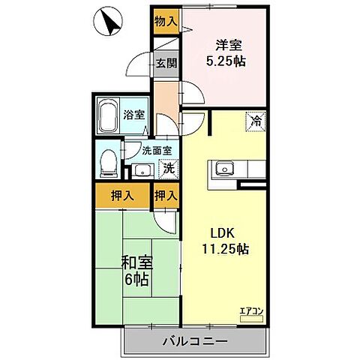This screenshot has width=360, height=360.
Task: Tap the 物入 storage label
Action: (166, 22)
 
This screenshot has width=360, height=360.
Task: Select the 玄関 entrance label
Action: (166, 64)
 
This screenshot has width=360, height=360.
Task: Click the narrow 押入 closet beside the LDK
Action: (166, 196)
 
